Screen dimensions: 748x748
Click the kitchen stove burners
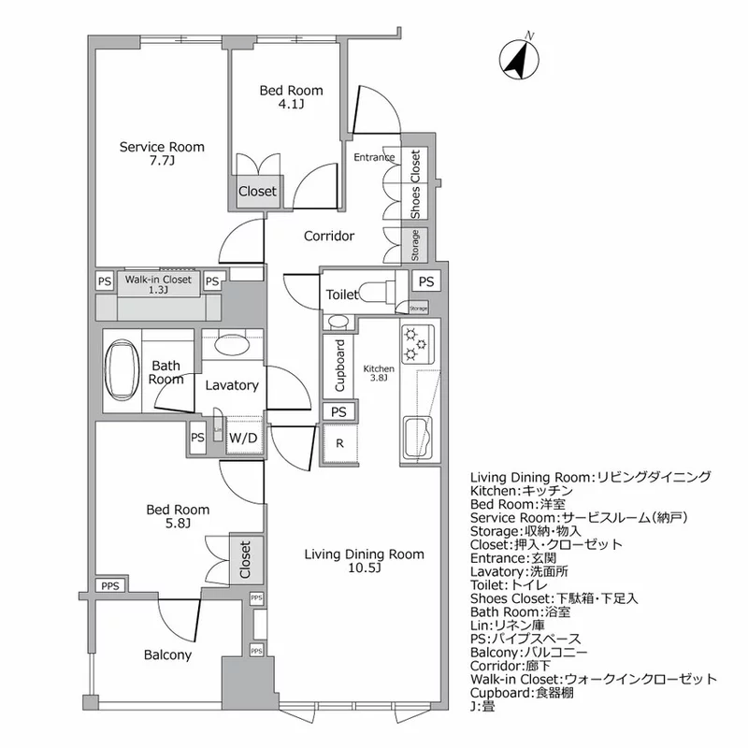413,344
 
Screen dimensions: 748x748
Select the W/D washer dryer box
243,437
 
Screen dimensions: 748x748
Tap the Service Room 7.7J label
161,153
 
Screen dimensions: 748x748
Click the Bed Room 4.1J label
291,98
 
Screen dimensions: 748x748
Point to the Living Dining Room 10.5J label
364,561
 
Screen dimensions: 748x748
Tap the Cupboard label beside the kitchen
339,366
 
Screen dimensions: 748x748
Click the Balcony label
167,654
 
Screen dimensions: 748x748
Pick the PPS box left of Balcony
110,585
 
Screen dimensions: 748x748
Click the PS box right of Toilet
425,281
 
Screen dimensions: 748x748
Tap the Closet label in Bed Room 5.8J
245,560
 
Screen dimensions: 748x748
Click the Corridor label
328,237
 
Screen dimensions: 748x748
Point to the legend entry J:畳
484,707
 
